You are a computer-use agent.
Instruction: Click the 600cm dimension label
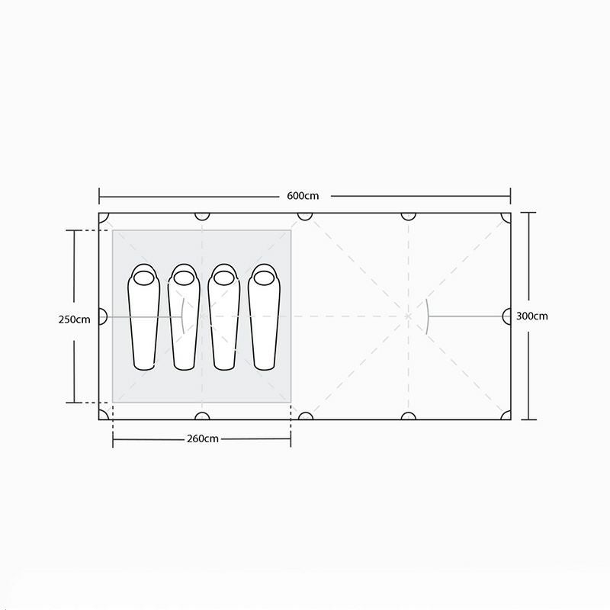point(303,196)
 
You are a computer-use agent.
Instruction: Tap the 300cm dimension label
point(531,316)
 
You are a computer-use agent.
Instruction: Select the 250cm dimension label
point(74,319)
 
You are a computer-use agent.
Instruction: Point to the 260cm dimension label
point(203,439)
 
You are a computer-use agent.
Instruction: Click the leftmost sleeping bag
point(144,317)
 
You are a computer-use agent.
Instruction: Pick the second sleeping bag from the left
point(184,317)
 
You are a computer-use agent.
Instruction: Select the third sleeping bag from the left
point(224,317)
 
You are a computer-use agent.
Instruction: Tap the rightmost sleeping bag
point(264,317)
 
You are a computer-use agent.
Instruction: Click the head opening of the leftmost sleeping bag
point(144,278)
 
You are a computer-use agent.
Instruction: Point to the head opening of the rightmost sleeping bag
point(264,278)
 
